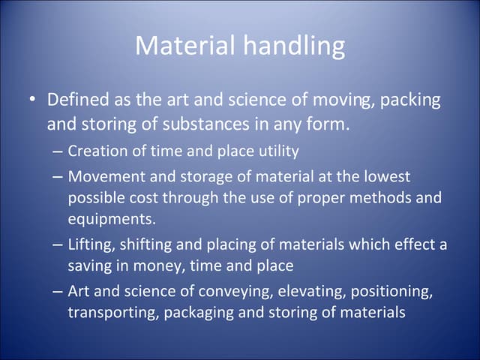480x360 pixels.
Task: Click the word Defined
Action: [77, 100]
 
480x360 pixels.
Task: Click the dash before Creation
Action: [58, 151]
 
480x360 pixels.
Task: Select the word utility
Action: [277, 151]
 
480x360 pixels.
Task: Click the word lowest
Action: [383, 177]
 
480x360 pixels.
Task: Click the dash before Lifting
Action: [58, 244]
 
